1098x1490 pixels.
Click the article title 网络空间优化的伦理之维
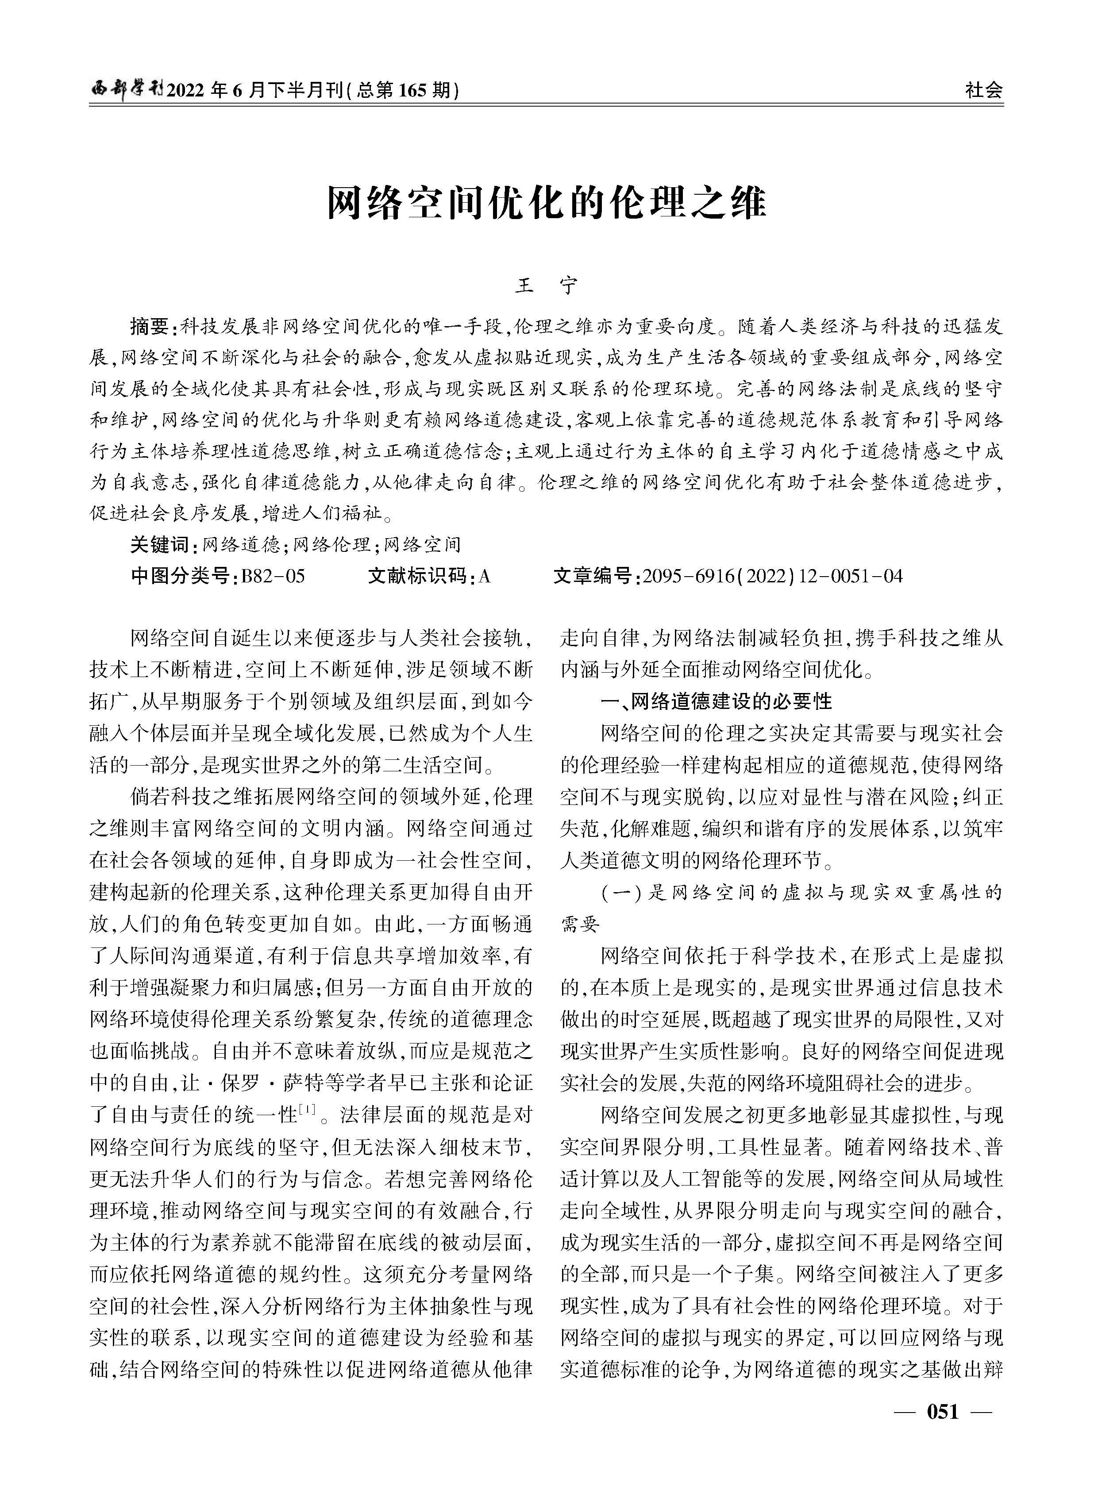click(x=547, y=204)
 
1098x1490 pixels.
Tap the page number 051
click(x=943, y=1430)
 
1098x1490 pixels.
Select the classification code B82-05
click(x=273, y=576)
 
